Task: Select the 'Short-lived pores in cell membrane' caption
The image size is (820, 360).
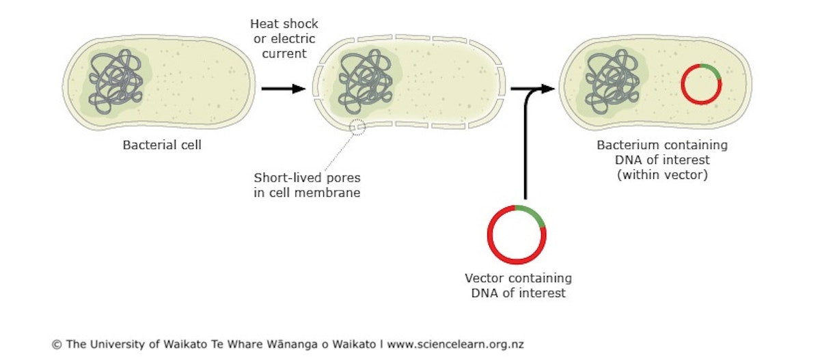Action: (x=307, y=184)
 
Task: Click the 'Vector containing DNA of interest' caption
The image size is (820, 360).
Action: (x=518, y=286)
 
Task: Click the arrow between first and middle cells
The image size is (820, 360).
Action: (x=283, y=88)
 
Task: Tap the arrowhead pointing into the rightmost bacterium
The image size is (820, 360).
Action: (x=546, y=88)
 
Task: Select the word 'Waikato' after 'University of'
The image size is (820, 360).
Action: (x=183, y=344)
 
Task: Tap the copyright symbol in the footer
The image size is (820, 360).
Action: (x=57, y=344)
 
